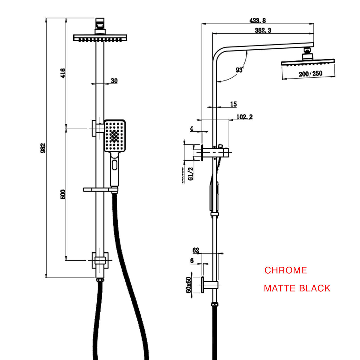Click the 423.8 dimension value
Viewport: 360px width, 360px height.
pos(258,21)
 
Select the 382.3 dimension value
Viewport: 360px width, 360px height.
pos(263,30)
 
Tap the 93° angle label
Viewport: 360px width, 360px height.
pos(240,70)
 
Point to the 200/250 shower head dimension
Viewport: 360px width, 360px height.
pos(310,74)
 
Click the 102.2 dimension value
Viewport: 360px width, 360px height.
pos(244,117)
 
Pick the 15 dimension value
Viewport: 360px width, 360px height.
pos(233,104)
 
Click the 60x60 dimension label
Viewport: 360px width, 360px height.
pos(188,285)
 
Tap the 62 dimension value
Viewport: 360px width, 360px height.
pos(196,250)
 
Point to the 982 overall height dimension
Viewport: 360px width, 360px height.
pos(43,147)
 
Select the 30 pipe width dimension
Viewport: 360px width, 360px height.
pos(114,81)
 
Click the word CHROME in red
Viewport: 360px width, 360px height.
pos(286,270)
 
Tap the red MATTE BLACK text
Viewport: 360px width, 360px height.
pos(297,288)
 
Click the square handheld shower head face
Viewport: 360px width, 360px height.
pos(115,136)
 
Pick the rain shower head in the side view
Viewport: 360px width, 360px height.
pos(308,62)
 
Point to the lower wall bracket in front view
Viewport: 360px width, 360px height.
pos(100,260)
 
